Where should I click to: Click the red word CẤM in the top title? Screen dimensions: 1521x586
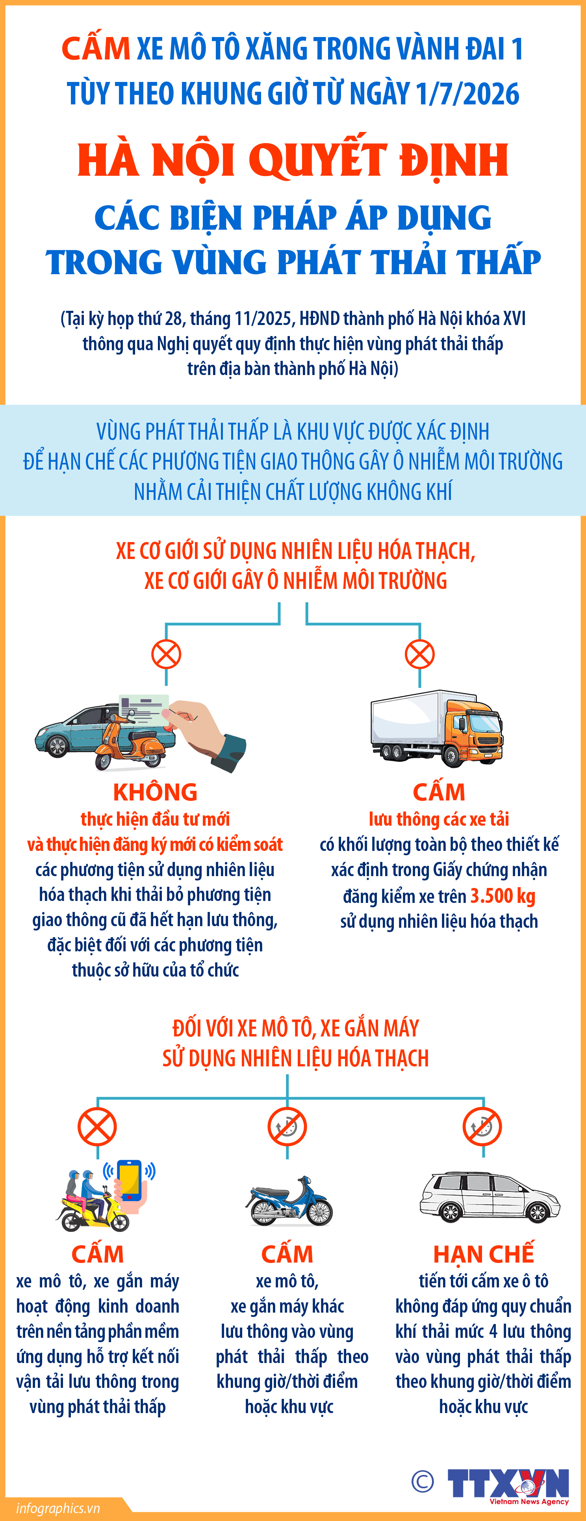click(96, 49)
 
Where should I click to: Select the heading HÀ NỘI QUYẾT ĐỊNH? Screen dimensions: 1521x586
click(293, 160)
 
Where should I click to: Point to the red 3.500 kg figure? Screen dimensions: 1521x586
click(503, 896)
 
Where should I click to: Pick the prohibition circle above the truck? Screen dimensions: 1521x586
click(419, 654)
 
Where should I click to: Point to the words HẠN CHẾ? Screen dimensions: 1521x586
click(483, 1254)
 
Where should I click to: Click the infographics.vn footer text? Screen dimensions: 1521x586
click(58, 1508)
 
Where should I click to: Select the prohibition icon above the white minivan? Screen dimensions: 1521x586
click(482, 1126)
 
